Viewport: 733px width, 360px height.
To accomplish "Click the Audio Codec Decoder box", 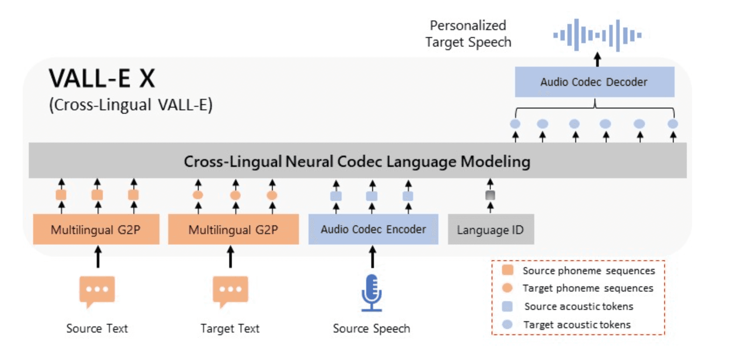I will (594, 82).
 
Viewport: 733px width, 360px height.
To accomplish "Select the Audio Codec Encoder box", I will (373, 229).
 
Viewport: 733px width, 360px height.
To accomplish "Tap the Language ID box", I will (490, 230).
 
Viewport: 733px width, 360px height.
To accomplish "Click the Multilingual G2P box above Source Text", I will (96, 230).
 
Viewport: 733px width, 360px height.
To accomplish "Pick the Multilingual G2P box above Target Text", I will (233, 230).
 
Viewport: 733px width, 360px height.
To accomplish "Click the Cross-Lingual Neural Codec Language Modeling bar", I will (357, 161).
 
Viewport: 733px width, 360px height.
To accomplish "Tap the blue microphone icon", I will (372, 292).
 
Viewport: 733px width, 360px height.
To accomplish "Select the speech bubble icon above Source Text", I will (97, 290).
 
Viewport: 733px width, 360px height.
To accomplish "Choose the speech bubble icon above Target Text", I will (230, 290).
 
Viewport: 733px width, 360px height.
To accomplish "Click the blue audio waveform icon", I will (597, 35).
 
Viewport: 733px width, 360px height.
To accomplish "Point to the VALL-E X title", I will (102, 78).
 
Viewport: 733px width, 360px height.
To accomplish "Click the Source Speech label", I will (371, 329).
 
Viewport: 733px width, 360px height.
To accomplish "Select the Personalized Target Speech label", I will (468, 34).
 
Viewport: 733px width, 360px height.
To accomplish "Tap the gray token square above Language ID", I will (490, 195).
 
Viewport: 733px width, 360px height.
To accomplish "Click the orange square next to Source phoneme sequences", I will (507, 270).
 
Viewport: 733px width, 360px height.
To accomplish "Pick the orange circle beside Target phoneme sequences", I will (507, 288).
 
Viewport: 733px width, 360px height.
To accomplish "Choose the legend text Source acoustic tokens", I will (578, 306).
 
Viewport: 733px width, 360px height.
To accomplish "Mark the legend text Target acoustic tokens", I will (577, 325).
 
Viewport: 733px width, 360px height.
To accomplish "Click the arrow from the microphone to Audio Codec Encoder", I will (373, 257).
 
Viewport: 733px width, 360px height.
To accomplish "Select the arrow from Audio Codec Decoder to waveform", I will (597, 60).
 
